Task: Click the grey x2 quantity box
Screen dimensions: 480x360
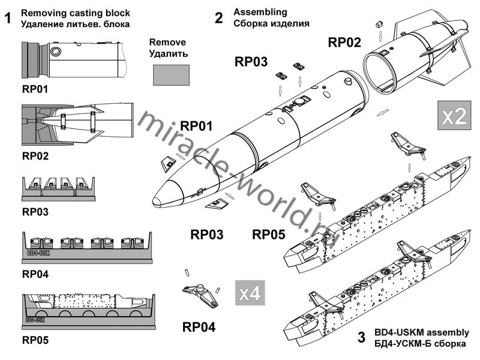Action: point(454,115)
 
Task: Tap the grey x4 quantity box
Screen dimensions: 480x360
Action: point(250,293)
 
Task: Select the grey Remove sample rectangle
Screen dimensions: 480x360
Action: point(171,75)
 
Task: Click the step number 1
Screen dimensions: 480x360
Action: point(8,19)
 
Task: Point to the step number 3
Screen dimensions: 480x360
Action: point(361,337)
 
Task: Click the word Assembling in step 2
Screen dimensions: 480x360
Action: point(260,12)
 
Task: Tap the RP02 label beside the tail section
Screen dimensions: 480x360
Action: point(344,42)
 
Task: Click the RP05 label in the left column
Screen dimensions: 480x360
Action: point(35,340)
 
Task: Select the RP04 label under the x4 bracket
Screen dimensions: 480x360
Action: point(199,326)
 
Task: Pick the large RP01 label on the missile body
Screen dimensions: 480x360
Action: point(196,126)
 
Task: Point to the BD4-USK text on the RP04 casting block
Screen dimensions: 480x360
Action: point(38,253)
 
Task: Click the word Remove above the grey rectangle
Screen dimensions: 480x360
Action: point(167,42)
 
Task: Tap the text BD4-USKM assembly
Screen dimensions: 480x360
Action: point(422,332)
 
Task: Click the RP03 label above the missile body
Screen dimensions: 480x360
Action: point(251,62)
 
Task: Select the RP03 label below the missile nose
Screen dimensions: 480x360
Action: point(206,235)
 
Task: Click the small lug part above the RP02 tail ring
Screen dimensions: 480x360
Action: point(380,24)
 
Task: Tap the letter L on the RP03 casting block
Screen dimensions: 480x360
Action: point(41,193)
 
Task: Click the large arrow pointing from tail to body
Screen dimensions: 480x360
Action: point(383,112)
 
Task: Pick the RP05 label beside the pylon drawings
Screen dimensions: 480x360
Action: point(268,235)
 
